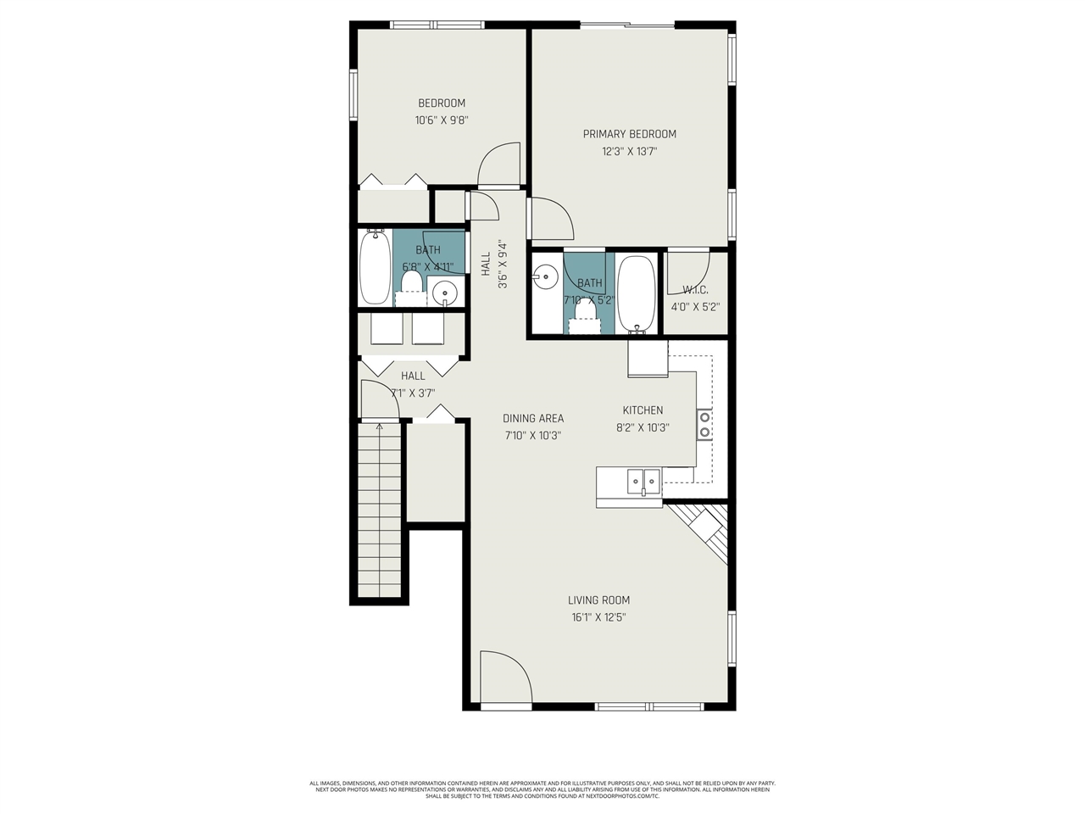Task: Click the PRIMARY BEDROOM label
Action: point(629,134)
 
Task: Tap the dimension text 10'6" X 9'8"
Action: point(442,120)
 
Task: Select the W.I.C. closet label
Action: point(695,290)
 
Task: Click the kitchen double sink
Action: point(643,481)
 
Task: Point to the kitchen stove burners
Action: point(704,424)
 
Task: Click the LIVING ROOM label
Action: point(598,600)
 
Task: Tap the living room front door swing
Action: point(504,678)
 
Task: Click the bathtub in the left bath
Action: point(374,267)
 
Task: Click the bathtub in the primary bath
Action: point(636,293)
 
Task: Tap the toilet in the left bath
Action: point(412,282)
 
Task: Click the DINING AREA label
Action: point(533,418)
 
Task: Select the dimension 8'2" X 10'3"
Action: point(643,428)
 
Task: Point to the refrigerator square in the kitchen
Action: point(647,358)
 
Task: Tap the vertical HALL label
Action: point(486,264)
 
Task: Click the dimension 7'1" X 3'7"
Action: point(413,393)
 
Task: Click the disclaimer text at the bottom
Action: point(542,789)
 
